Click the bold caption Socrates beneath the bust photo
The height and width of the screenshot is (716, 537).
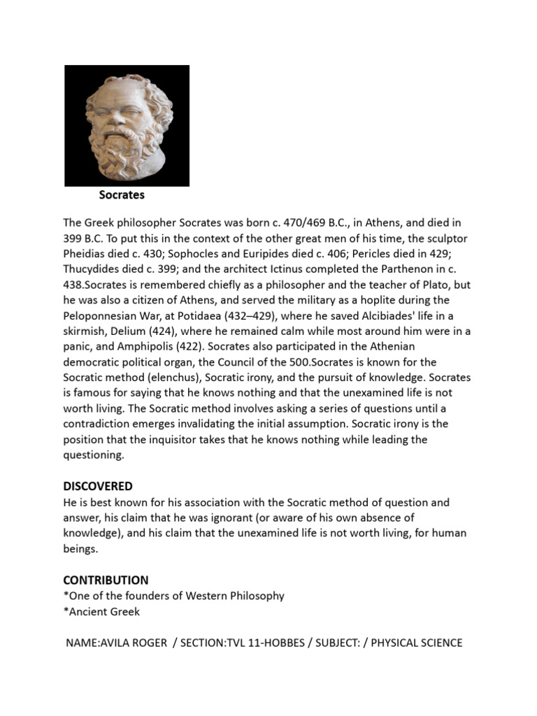122,195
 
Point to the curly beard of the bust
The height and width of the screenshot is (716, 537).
124,152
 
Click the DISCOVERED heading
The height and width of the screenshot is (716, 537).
98,486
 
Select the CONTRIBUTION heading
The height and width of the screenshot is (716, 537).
106,580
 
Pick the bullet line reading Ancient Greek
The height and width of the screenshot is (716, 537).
102,611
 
